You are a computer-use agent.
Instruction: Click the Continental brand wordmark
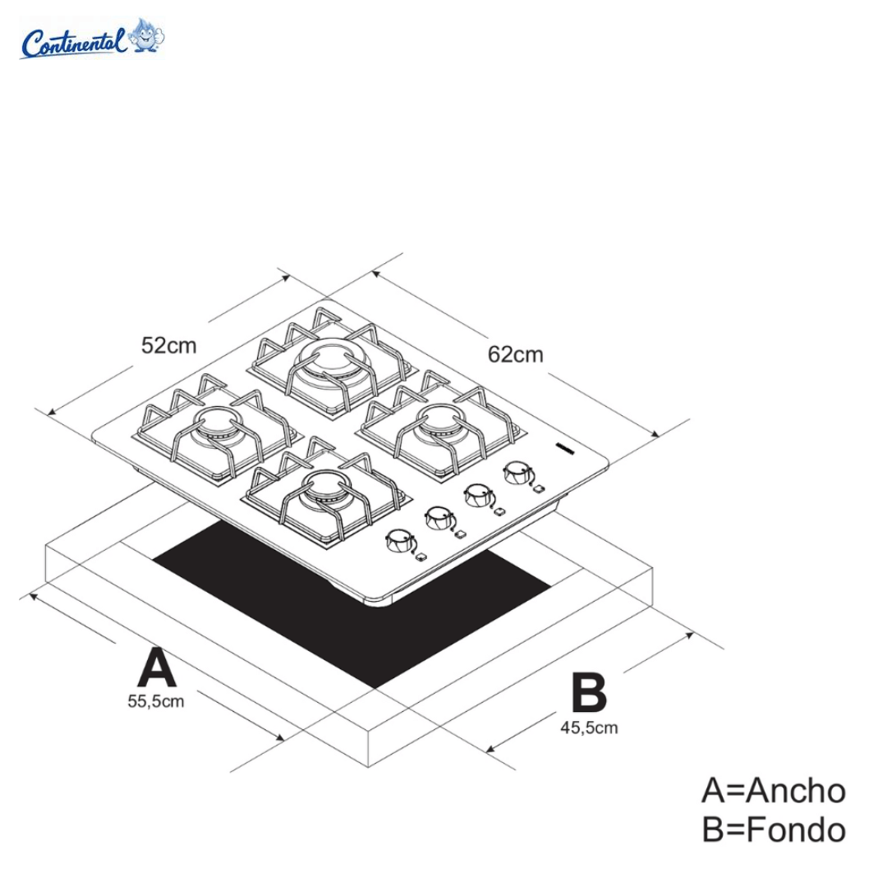coord(74,42)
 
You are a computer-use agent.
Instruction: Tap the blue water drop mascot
coord(148,35)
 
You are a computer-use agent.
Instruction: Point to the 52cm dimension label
coord(169,345)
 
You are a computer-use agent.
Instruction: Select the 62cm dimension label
coord(515,354)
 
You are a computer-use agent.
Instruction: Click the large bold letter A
coord(156,668)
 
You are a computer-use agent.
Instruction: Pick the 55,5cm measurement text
coord(155,701)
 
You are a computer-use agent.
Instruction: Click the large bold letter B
coord(589,693)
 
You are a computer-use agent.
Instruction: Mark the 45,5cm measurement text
coord(589,727)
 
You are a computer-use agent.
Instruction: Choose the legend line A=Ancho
coord(773,791)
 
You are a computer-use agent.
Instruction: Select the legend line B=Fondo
coord(773,829)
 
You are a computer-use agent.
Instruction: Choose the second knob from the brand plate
coord(477,495)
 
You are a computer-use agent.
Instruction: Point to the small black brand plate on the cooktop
coord(566,448)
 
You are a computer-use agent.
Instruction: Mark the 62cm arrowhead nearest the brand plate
coord(657,436)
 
